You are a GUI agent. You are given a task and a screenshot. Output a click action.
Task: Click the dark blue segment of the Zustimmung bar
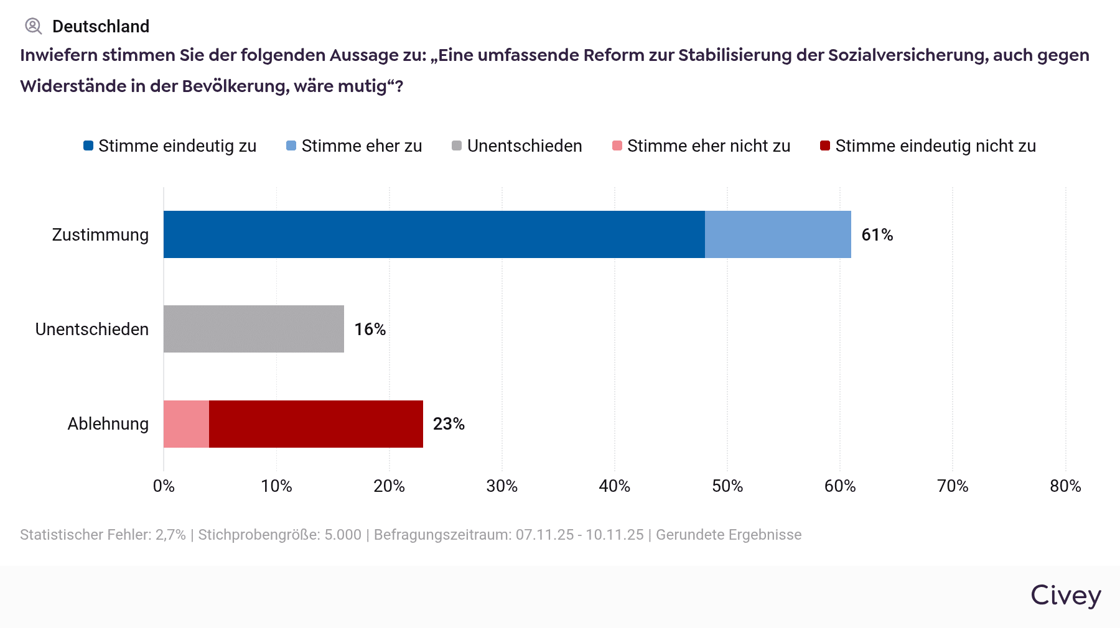coord(434,234)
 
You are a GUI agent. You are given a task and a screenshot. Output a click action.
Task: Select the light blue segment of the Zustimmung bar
coord(778,234)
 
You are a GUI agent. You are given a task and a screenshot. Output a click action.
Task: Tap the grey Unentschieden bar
coord(254,329)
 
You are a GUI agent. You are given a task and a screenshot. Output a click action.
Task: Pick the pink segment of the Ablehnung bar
coord(186,424)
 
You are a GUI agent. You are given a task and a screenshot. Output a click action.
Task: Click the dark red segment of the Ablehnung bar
coord(316,424)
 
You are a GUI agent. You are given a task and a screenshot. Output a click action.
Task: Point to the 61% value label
coord(877,235)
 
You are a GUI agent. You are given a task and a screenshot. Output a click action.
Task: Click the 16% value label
coord(370,330)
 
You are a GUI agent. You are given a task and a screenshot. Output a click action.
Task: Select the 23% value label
coord(449,424)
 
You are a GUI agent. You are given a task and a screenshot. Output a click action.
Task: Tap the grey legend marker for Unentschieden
coord(457,146)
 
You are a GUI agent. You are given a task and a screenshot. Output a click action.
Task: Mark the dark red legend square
coord(825,146)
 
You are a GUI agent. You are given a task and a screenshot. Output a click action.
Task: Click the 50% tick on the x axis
coord(727,486)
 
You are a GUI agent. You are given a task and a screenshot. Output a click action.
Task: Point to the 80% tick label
coord(1065,486)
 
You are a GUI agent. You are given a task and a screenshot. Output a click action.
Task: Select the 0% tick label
coord(164,486)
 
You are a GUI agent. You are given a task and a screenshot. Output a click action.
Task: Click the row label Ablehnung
coord(108,424)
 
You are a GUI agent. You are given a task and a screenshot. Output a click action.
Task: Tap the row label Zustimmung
coord(100,235)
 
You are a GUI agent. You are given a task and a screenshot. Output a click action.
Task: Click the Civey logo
coord(1066,596)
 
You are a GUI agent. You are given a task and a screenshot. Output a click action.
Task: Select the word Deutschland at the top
coord(101,26)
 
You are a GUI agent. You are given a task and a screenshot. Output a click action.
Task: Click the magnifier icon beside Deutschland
coord(33,26)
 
